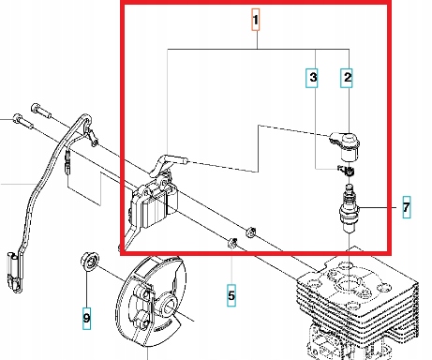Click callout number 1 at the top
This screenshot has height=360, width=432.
click(254, 19)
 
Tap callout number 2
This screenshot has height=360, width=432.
click(347, 80)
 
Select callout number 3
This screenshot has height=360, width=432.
click(314, 80)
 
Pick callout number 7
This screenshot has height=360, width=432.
click(406, 208)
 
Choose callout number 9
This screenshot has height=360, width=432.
click(86, 319)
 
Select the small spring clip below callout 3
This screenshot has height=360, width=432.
click(343, 169)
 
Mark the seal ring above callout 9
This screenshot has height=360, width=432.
click(90, 258)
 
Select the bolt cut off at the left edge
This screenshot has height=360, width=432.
click(19, 120)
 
